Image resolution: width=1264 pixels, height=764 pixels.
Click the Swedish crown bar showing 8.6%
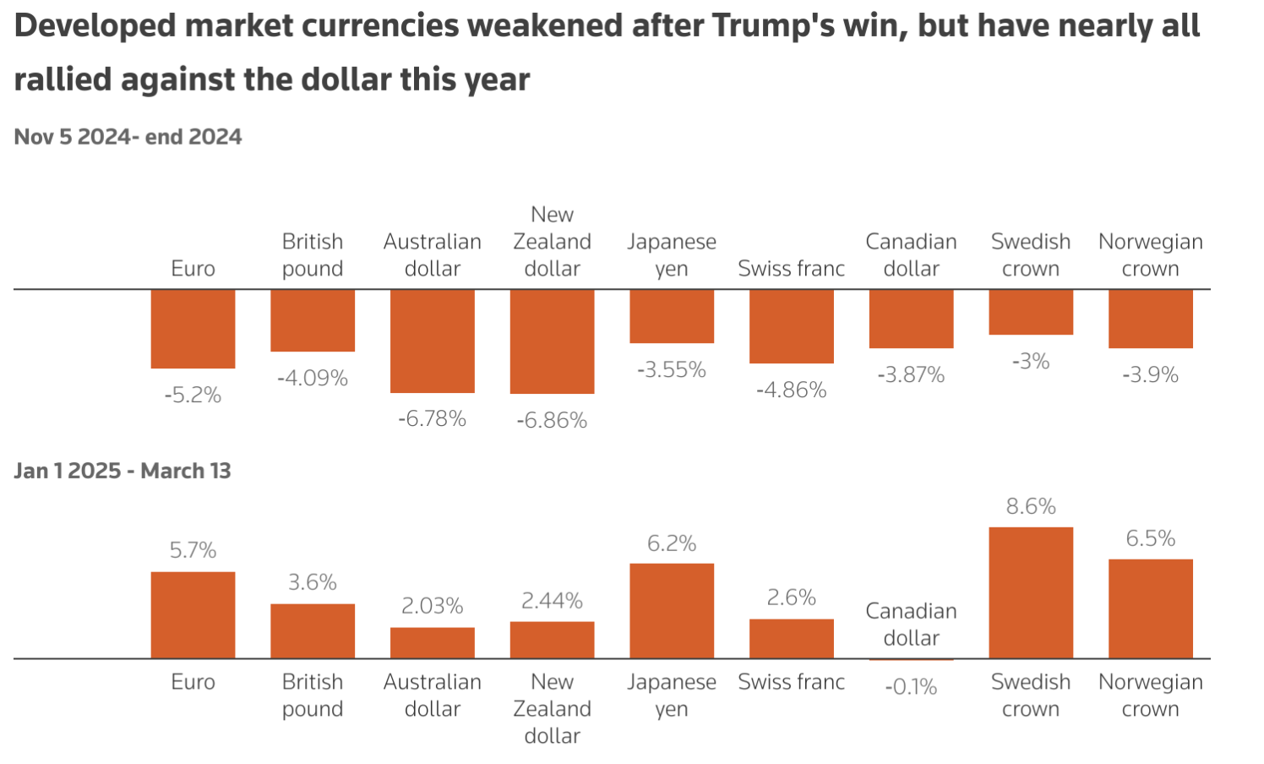coord(1031,592)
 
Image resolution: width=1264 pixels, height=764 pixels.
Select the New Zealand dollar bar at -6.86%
coord(552,341)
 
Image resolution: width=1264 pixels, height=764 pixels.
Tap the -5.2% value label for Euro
coord(193,395)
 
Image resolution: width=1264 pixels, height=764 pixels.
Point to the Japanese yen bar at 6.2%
coord(672,610)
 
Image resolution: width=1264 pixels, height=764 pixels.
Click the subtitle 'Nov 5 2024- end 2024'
coord(128,137)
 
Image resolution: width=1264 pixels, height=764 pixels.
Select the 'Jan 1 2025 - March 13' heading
coord(123,471)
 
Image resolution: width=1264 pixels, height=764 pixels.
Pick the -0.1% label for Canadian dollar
coord(911,687)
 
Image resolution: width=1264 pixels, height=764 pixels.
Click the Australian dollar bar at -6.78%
coord(432,341)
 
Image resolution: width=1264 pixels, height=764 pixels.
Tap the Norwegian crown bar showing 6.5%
coord(1150,608)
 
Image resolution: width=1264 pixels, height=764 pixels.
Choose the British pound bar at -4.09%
coord(313,320)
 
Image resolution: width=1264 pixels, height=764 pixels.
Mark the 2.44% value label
coord(552,601)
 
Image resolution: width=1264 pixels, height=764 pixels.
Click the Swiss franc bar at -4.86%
coord(791,326)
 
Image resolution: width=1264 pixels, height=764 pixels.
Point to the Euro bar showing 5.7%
coord(193,614)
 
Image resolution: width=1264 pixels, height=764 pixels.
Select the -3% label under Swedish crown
coord(1031,362)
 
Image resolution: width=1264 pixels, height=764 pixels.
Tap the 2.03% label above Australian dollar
coord(432,606)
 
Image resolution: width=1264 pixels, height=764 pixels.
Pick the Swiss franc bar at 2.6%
coord(791,638)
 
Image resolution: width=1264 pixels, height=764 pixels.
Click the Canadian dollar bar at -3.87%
coord(911,319)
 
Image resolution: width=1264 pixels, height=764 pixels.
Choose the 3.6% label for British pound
coord(313,582)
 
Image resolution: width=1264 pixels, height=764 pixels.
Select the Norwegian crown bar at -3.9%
coord(1150,319)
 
